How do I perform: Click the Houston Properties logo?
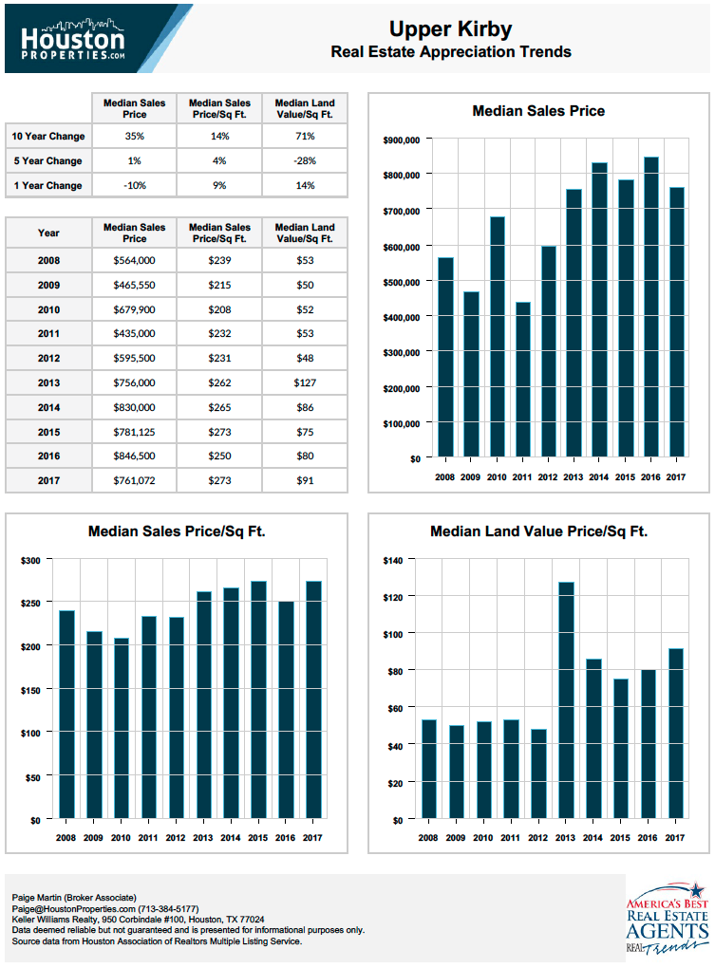73,40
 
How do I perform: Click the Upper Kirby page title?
450,29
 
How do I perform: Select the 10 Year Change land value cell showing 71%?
305,136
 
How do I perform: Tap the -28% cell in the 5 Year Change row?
305,160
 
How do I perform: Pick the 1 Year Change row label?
48,185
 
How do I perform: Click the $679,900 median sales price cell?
134,309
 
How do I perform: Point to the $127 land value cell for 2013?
305,382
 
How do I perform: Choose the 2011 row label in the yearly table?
48,333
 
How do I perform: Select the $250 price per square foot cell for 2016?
219,456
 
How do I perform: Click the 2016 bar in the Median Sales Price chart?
650,307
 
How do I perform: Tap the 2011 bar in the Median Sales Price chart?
522,380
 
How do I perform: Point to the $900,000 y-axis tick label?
402,140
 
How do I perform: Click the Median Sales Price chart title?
538,111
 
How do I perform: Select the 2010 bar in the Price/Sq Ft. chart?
121,729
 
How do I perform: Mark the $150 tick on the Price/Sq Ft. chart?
31,690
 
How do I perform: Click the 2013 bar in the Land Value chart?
566,700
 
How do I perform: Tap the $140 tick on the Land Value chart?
393,561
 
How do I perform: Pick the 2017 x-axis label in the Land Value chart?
675,838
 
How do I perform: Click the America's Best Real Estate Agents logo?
668,919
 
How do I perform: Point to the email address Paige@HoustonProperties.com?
73,909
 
